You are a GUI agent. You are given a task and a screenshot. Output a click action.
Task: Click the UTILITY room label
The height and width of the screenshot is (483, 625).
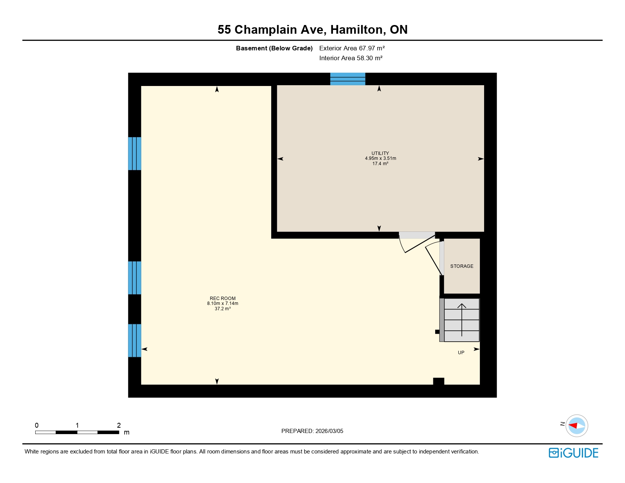(x=380, y=153)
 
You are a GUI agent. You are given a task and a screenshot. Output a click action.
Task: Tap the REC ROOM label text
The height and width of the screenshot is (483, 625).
(x=222, y=299)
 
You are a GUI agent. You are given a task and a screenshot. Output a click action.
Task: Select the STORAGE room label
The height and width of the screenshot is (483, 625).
(x=461, y=266)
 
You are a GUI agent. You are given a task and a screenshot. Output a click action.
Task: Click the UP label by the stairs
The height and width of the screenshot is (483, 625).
(x=461, y=353)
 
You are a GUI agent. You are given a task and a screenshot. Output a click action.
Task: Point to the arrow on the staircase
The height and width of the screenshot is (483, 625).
(x=462, y=319)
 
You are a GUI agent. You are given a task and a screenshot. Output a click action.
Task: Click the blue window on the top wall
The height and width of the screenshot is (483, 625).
(x=347, y=79)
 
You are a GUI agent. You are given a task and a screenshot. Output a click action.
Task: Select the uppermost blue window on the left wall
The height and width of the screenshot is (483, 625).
(x=134, y=153)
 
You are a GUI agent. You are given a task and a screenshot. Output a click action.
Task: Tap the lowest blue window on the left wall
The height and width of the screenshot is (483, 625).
(x=134, y=340)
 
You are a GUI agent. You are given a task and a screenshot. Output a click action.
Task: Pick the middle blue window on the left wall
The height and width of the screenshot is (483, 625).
(x=134, y=278)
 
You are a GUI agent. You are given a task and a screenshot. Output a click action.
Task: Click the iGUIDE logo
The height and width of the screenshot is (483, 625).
(x=573, y=453)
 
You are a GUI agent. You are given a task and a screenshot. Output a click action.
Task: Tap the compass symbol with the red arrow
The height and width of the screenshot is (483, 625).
(x=577, y=425)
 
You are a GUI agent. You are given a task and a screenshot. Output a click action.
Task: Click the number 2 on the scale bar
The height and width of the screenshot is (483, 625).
(x=119, y=425)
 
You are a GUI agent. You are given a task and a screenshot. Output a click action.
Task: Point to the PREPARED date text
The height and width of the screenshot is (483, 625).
(x=312, y=431)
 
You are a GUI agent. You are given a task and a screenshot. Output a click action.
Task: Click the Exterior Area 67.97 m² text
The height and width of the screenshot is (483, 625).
(x=352, y=48)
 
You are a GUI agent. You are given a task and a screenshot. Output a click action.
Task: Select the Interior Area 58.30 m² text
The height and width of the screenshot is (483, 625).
(x=350, y=58)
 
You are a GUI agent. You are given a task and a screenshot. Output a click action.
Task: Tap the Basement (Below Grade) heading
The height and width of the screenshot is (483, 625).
(x=274, y=48)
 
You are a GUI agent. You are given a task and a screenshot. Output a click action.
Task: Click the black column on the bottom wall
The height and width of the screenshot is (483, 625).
(x=438, y=381)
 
